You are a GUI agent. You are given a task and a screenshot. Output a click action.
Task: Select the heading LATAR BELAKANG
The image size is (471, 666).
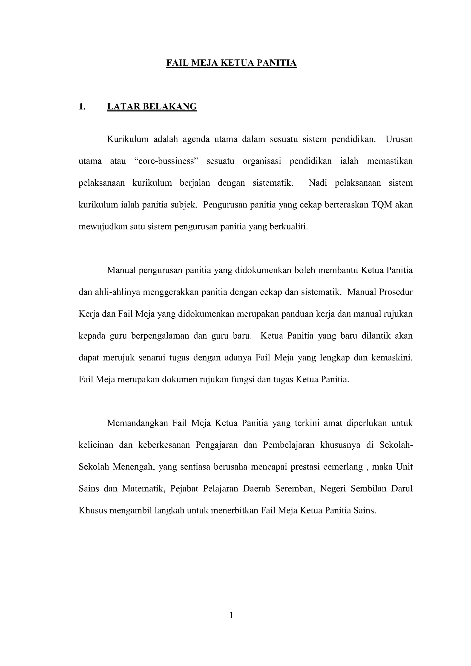coord(152,107)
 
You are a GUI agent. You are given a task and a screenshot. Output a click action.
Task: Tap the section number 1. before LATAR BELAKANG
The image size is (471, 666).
coord(82,107)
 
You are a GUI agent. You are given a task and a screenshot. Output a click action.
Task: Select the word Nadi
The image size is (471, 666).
coord(318,183)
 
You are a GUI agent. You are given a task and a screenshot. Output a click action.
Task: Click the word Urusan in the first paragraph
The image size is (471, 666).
coord(399,139)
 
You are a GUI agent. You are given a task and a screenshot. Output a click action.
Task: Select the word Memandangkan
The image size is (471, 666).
coord(138,423)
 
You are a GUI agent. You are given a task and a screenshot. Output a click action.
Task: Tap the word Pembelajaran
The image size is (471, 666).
coord(289,445)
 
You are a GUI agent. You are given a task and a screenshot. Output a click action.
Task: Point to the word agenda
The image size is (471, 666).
coord(196,139)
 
